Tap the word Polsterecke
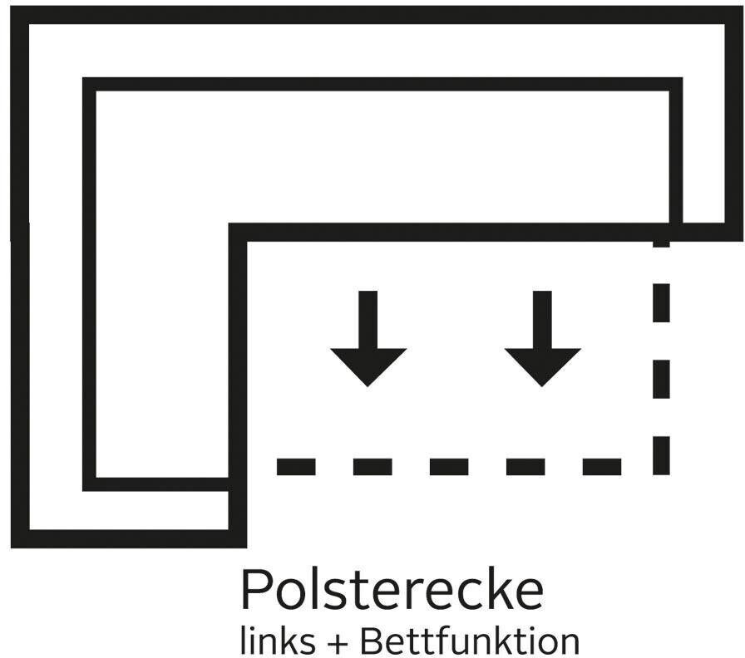(392, 591)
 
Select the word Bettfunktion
(470, 641)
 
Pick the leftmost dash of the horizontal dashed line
(295, 466)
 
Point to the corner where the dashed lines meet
(661, 466)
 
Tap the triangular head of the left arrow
(368, 366)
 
